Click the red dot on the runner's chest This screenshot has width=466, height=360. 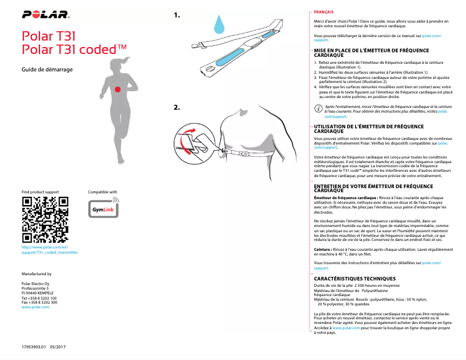point(117,89)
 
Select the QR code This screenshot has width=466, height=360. point(45,220)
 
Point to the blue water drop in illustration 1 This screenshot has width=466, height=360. point(219,24)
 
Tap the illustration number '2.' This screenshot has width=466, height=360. point(177,107)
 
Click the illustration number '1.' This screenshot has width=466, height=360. point(177,16)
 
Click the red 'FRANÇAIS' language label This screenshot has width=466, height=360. point(323,12)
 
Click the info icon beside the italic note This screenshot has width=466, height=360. point(317,109)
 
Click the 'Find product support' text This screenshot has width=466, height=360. point(40,192)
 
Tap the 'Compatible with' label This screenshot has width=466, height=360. point(102,192)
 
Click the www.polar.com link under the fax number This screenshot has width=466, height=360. point(35,307)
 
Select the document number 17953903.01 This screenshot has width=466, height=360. point(33,347)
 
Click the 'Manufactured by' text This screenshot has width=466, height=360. point(36,273)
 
